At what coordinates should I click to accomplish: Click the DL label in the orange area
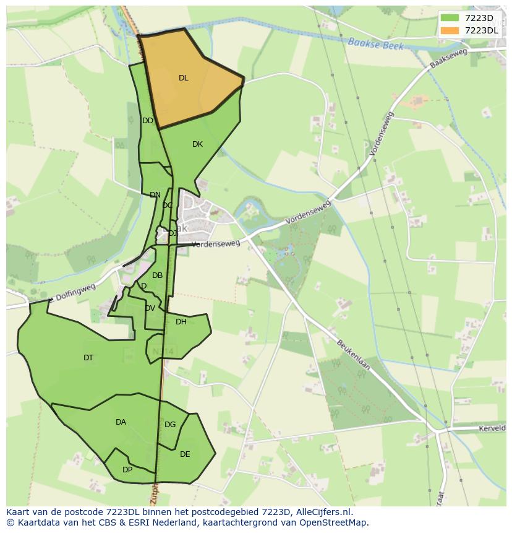pos(183,78)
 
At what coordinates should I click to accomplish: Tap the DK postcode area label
pos(197,144)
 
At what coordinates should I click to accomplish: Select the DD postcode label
pos(147,121)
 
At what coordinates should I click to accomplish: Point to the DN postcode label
pos(155,195)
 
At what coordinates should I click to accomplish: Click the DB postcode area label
pos(157,275)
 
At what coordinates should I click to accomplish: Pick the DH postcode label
pos(181,322)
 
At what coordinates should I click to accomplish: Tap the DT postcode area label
pos(88,358)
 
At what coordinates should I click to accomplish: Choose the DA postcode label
pos(121,422)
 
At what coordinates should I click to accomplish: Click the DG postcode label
pos(170,425)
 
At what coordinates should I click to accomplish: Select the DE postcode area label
pos(185,454)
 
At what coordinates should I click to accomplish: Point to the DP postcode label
pos(127,470)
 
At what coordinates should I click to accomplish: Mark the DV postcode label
pos(150,308)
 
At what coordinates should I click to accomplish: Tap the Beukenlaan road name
pos(353,355)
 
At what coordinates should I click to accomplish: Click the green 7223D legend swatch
pos(450,18)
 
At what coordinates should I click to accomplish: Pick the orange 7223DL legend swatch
pos(450,30)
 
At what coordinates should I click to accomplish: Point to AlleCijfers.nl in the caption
pos(323,512)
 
